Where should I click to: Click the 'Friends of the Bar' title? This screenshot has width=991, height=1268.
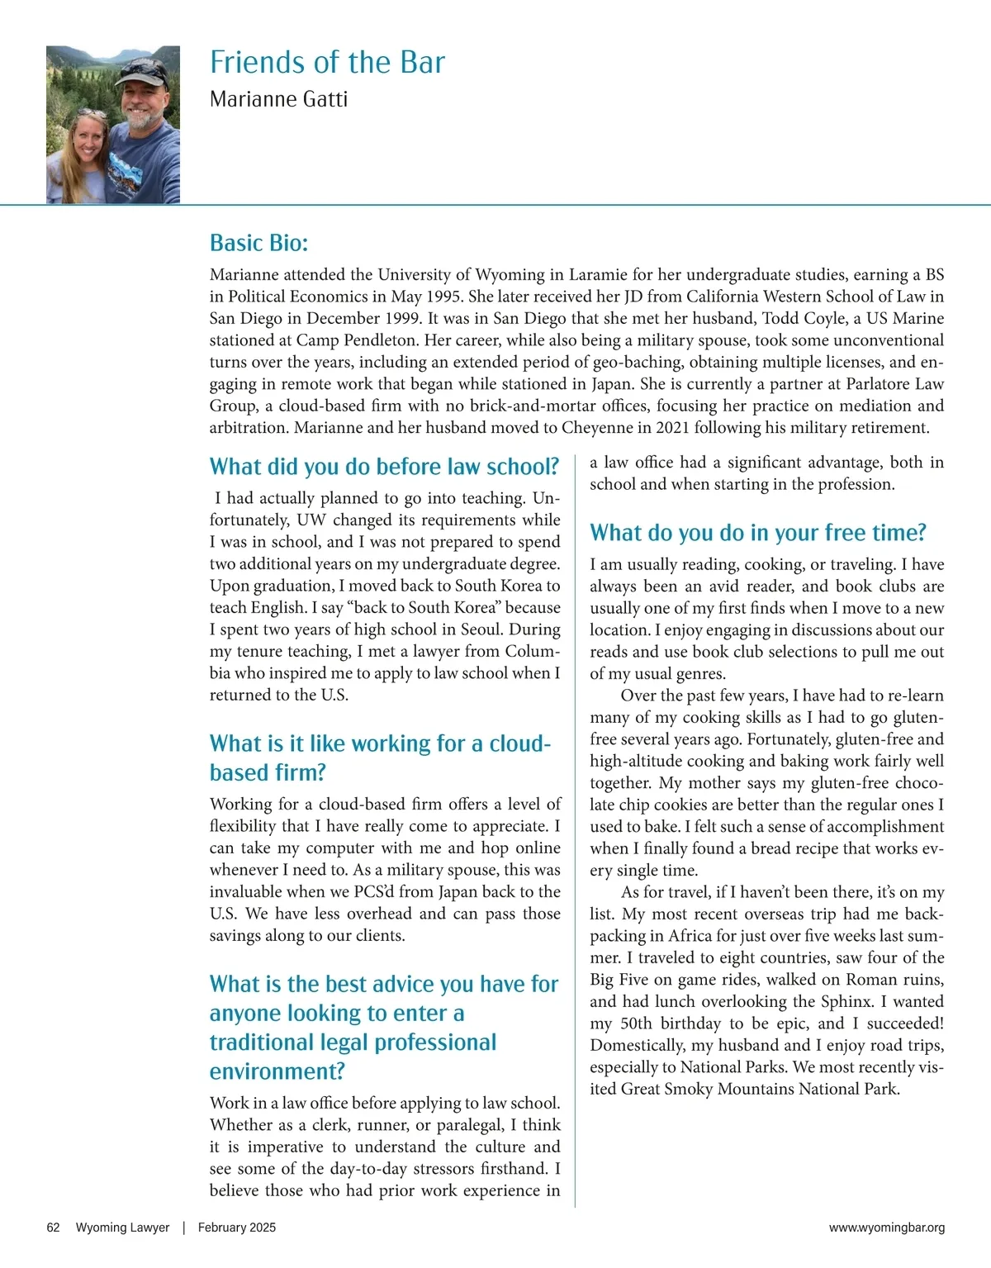click(x=327, y=63)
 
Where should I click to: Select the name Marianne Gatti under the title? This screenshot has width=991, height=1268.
click(x=278, y=99)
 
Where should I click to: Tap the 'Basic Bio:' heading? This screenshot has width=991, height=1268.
click(x=258, y=243)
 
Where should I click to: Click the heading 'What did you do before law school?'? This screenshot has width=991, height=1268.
click(x=384, y=467)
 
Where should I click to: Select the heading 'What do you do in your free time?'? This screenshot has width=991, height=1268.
click(x=757, y=533)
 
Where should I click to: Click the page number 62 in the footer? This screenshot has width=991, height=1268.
click(x=53, y=1228)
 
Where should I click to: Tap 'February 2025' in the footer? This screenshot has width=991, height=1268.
click(x=237, y=1228)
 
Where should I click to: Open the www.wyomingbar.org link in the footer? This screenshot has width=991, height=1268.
click(x=886, y=1228)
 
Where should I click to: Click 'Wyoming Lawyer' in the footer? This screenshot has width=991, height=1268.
click(x=122, y=1228)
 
